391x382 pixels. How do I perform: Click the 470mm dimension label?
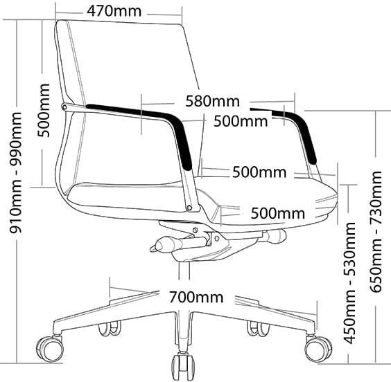114,11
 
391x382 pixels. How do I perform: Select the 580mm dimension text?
212,101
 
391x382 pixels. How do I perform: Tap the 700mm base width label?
196,297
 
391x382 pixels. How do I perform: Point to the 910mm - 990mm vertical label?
15,173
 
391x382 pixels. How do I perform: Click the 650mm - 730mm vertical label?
376,231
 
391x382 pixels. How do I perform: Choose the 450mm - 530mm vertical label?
349,283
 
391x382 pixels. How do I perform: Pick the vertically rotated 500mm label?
44,111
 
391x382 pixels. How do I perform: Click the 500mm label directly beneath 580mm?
241,121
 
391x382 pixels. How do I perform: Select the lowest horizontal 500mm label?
278,214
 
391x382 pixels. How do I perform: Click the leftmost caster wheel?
50,348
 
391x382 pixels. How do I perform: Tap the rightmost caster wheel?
318,349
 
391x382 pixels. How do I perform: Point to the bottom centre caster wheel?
183,366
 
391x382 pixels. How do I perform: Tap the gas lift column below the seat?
184,271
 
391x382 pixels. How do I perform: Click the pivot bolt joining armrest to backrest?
64,107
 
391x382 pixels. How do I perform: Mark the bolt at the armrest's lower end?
190,208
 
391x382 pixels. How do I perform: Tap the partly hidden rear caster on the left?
110,329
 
